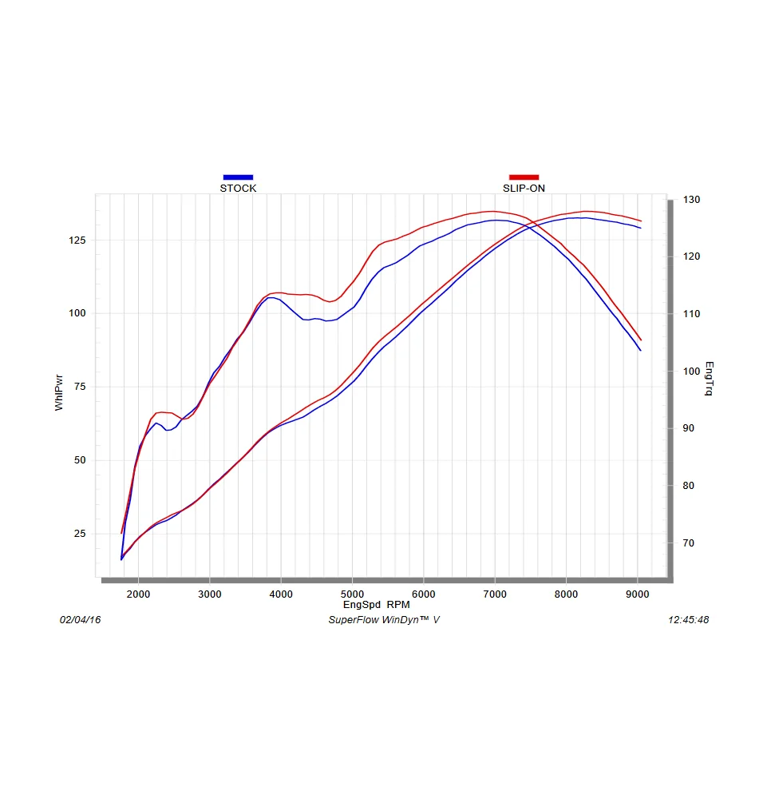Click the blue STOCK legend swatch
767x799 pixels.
point(238,177)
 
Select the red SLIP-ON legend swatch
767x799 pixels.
point(524,177)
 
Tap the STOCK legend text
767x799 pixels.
point(238,189)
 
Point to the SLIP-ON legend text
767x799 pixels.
point(524,189)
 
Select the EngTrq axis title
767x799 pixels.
point(709,379)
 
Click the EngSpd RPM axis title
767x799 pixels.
point(376,605)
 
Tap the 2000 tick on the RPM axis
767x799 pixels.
point(138,594)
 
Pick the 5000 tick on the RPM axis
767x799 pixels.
point(352,594)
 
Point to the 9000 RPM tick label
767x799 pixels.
point(637,594)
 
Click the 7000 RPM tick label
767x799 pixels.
point(495,594)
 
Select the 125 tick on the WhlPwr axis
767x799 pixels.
point(77,240)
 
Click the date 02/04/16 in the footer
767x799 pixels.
point(81,620)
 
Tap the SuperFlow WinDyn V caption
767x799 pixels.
point(383,620)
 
